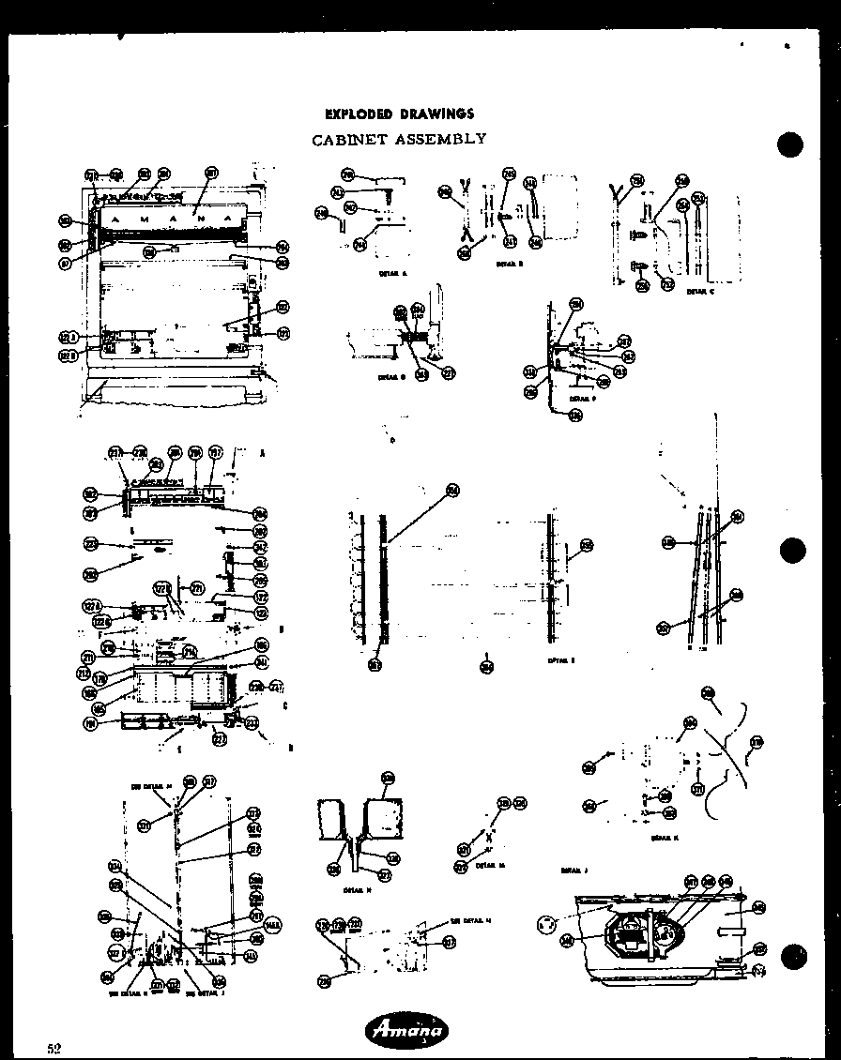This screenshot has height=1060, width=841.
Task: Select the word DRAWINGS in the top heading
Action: [x=437, y=114]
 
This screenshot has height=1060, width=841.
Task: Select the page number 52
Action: [x=55, y=1048]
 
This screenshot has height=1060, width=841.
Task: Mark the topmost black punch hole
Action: [x=792, y=145]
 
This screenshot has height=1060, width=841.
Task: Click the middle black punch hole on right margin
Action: [x=792, y=550]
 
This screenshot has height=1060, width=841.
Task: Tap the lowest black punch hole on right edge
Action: [x=794, y=957]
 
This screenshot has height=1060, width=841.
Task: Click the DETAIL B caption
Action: [x=509, y=265]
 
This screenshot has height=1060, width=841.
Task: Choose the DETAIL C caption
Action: [x=700, y=292]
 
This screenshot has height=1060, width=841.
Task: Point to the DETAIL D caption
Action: [x=391, y=377]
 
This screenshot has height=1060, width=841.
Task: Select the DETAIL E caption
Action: [x=561, y=660]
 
